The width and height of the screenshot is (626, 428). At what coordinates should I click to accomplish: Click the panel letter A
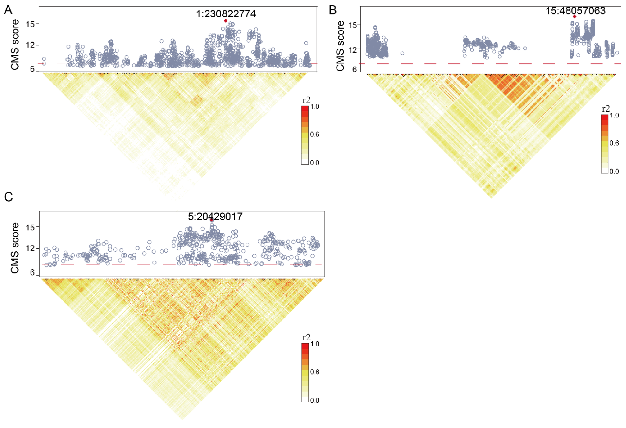coord(8,10)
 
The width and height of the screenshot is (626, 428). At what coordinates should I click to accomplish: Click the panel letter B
coord(333,10)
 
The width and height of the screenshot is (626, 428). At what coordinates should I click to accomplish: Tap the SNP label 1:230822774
coord(226,14)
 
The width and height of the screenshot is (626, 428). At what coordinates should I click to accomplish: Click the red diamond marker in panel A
coord(226,21)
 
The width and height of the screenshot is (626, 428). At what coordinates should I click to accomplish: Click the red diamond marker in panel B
coord(575,17)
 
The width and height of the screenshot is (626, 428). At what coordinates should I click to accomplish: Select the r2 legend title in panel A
coord(306,100)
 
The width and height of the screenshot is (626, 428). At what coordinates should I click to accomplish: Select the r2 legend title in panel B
coord(606,109)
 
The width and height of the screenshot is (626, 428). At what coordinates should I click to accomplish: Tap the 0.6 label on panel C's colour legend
coord(315,372)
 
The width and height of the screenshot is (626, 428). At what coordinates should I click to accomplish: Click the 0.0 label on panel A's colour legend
coord(315,163)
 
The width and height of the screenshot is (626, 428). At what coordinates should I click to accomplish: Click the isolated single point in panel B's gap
coord(402,53)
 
